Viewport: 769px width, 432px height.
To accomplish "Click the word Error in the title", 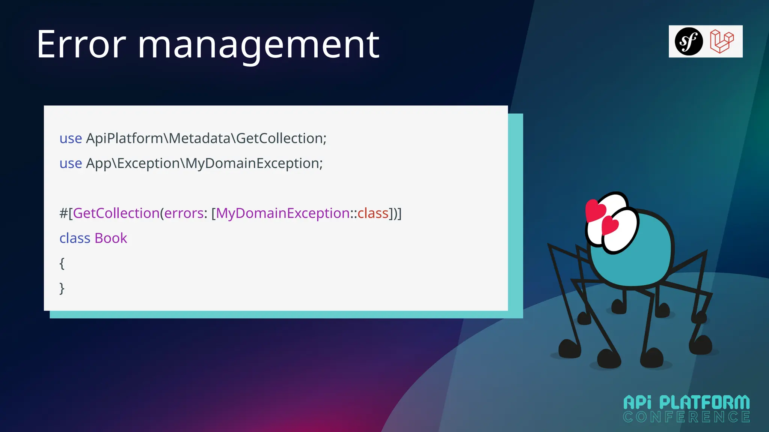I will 81,45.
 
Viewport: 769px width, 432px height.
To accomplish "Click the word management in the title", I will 258,46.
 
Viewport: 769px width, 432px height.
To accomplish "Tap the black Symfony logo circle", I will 689,41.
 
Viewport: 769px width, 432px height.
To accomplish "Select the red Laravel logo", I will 722,41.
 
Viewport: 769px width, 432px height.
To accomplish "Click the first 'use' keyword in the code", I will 71,138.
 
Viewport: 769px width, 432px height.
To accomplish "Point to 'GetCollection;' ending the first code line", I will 281,138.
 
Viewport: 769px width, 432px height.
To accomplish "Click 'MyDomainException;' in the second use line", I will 254,163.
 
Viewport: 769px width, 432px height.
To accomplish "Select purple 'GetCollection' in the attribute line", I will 116,213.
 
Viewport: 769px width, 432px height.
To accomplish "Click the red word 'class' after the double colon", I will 373,213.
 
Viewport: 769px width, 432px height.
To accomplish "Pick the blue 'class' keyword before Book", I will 75,238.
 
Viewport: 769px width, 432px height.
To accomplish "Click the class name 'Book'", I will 111,238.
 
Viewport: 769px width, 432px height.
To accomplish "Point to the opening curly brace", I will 62,263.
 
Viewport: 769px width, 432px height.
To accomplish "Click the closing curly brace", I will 62,288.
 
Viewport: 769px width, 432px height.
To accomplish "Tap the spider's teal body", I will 638,259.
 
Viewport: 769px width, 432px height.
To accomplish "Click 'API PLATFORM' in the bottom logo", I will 686,403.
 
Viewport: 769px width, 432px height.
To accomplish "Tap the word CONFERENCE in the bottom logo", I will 686,417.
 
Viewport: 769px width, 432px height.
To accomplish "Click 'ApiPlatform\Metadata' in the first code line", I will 159,138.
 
